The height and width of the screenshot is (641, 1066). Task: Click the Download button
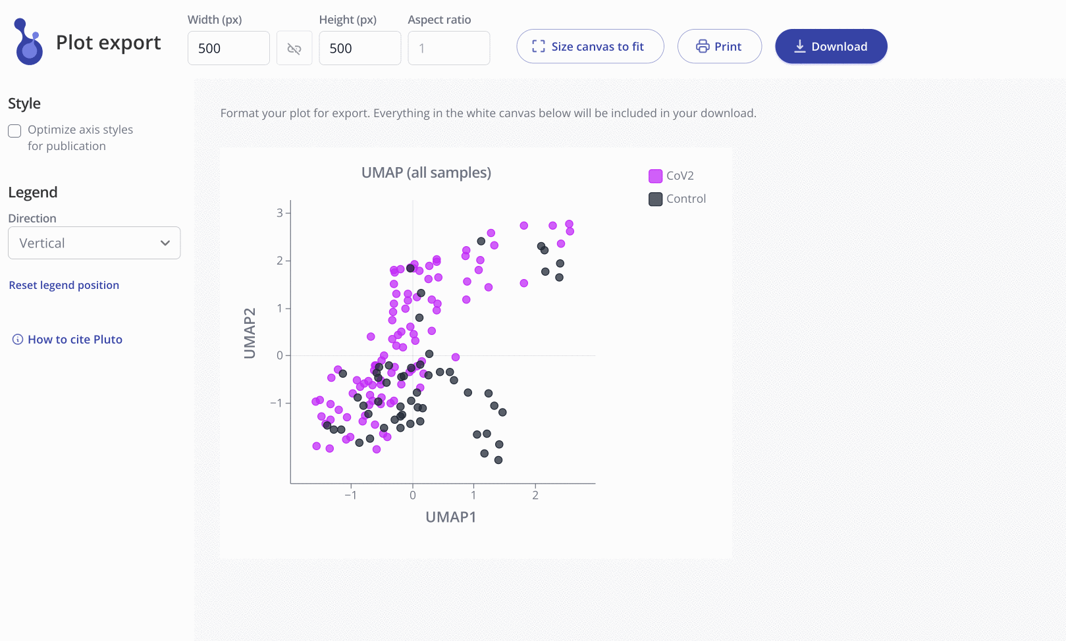[831, 46]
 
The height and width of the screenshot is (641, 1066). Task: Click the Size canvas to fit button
[590, 46]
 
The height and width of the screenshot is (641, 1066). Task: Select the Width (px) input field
[228, 48]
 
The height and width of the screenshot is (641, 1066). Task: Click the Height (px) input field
[360, 48]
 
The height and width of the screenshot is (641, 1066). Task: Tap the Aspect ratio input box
[449, 48]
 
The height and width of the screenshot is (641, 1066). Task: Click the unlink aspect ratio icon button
[294, 48]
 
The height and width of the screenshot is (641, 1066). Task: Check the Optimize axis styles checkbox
[14, 131]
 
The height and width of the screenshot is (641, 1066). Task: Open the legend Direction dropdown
[94, 243]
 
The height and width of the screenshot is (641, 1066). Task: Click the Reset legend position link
[64, 285]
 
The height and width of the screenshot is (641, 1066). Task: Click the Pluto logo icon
[28, 41]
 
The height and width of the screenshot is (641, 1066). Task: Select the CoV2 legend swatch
[655, 176]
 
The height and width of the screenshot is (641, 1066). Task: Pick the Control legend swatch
[655, 199]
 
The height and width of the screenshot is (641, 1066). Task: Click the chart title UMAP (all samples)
[426, 172]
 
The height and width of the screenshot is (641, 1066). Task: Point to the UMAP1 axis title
[450, 517]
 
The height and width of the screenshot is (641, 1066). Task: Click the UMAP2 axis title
[250, 333]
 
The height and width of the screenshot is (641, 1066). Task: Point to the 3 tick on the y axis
[280, 213]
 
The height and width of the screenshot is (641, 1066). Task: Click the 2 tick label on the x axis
[535, 495]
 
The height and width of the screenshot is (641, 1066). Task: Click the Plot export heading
[109, 42]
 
